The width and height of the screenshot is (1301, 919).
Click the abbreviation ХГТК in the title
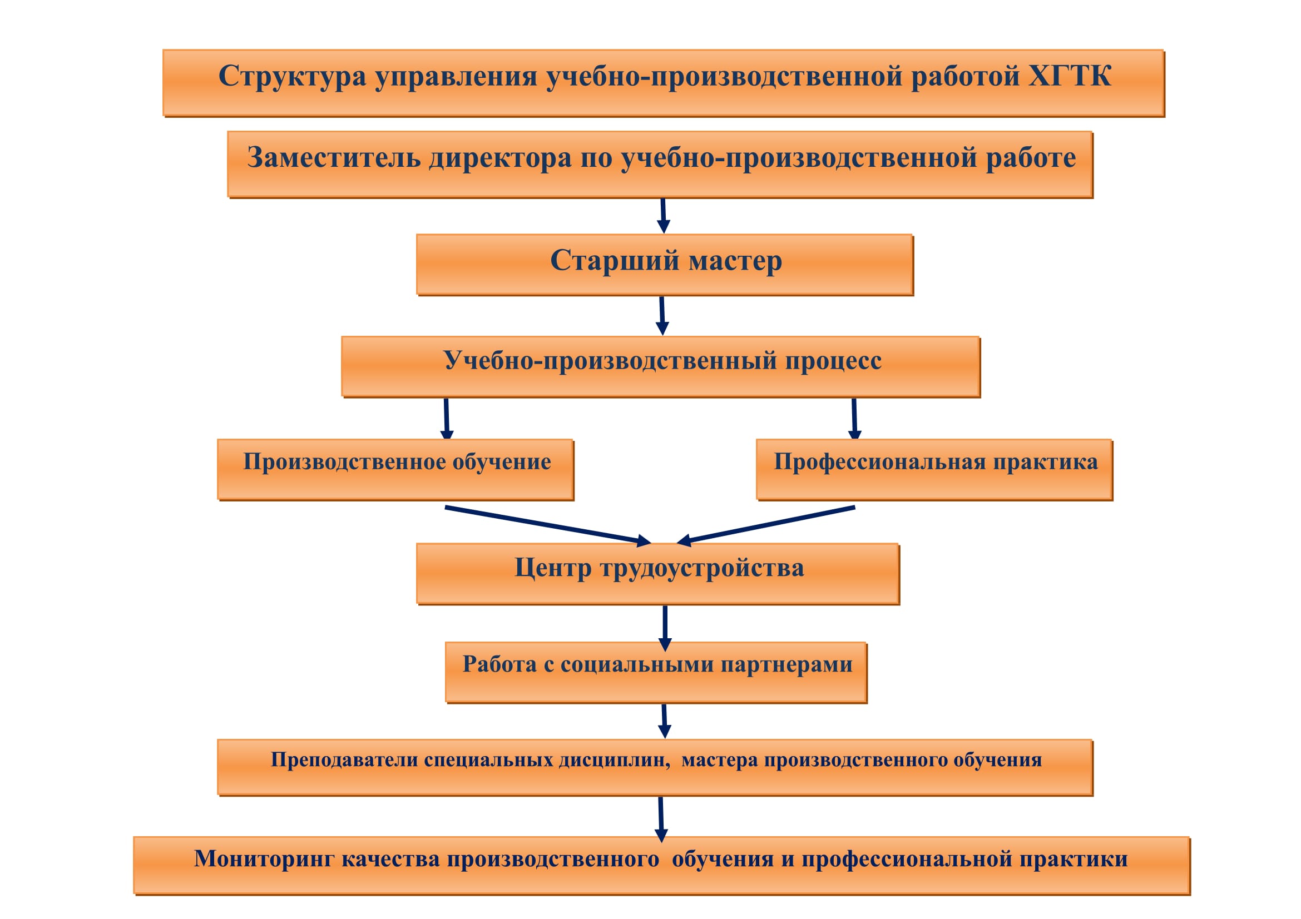pos(1069,76)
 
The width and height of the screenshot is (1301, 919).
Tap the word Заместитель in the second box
pos(334,157)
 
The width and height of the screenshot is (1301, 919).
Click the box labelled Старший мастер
pos(665,265)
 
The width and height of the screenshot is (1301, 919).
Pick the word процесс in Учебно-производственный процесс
pos(833,361)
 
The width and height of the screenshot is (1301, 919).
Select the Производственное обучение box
pos(395,469)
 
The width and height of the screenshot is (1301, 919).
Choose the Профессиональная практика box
pos(934,469)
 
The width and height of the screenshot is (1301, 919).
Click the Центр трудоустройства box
pos(658,574)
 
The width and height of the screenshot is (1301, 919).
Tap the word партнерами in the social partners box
pos(786,664)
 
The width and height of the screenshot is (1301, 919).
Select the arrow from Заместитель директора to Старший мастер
pos(663,216)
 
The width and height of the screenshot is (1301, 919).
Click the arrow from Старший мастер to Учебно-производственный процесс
pos(662,316)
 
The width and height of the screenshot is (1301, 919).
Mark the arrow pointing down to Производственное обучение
pos(447,419)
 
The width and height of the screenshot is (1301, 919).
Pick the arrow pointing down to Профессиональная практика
pos(854,419)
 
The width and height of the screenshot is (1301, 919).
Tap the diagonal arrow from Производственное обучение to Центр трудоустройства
pos(548,525)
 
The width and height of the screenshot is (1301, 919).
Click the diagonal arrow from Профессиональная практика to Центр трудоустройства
pos(765,525)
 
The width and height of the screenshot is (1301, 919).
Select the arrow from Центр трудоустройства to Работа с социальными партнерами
pos(665,629)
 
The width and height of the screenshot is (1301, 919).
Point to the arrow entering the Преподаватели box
pos(665,721)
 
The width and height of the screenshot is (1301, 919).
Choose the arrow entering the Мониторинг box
pos(661,819)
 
